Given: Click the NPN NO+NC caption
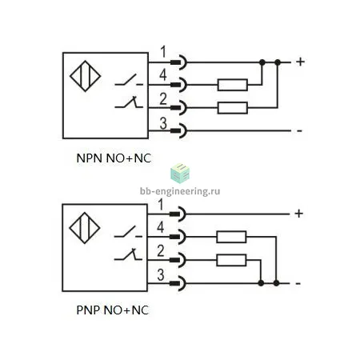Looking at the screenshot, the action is pyautogui.click(x=114, y=158).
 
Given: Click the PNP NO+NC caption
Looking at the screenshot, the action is pyautogui.click(x=113, y=310).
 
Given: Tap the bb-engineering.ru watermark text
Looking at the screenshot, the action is pyautogui.click(x=180, y=191).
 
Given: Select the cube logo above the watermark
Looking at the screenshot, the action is pyautogui.click(x=180, y=174).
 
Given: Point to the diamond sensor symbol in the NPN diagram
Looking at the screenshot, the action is pyautogui.click(x=85, y=76).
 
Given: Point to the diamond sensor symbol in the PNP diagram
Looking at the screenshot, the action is pyautogui.click(x=85, y=228).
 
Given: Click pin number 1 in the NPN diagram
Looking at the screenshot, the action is pyautogui.click(x=163, y=52).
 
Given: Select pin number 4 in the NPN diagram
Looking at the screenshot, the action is pyautogui.click(x=163, y=75).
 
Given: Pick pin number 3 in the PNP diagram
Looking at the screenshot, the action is pyautogui.click(x=161, y=275).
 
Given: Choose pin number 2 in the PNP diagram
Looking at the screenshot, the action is pyautogui.click(x=161, y=251).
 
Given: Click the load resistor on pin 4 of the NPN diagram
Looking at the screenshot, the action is pyautogui.click(x=233, y=85).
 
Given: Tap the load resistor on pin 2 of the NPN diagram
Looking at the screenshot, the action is pyautogui.click(x=233, y=108).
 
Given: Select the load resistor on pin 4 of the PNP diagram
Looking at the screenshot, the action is pyautogui.click(x=231, y=237).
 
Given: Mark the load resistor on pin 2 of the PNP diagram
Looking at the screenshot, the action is pyautogui.click(x=231, y=260).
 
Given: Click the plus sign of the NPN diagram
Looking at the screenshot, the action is pyautogui.click(x=300, y=62).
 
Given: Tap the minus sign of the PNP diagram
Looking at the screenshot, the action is pyautogui.click(x=298, y=283).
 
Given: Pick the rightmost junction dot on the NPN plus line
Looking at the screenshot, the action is pyautogui.click(x=278, y=62).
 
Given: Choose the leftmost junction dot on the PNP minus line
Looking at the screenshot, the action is pyautogui.click(x=261, y=283).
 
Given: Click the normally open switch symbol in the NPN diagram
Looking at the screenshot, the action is pyautogui.click(x=129, y=80).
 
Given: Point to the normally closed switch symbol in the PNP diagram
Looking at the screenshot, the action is pyautogui.click(x=129, y=254).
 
